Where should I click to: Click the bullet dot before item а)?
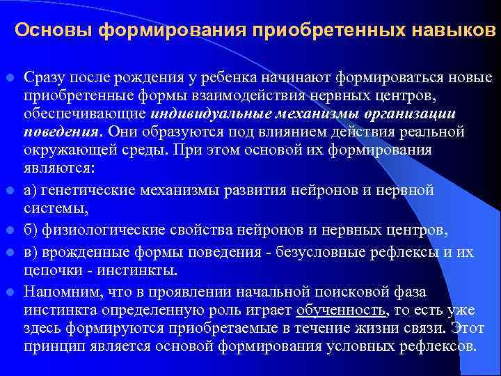pos(12,190)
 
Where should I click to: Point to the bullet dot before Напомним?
pos(12,292)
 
